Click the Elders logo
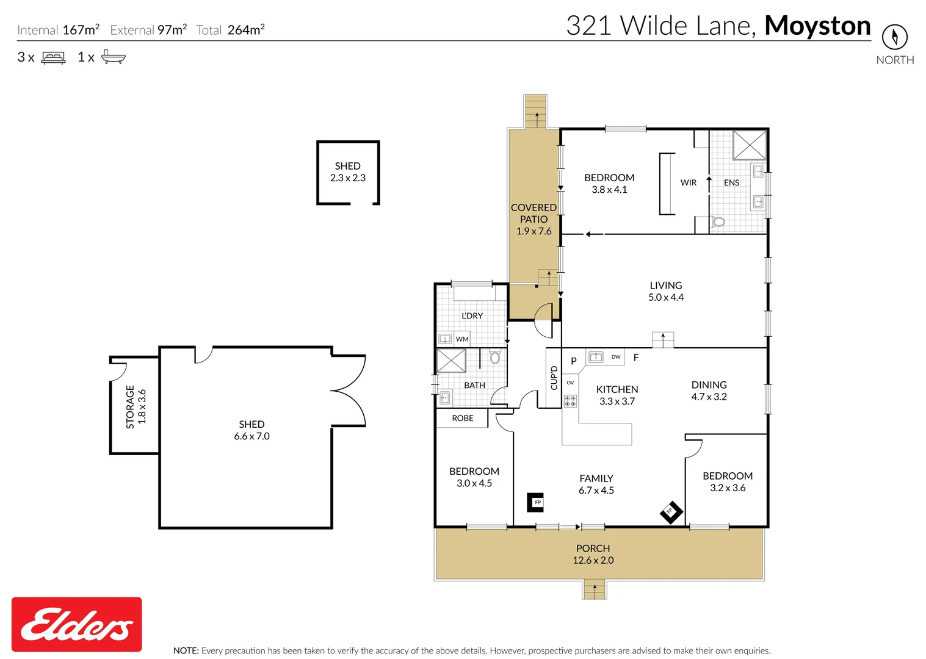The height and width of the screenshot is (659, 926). point(77,624)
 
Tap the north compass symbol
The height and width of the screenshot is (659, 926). point(894,37)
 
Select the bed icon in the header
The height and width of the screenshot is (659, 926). point(53,58)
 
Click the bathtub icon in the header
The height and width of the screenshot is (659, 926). point(114,57)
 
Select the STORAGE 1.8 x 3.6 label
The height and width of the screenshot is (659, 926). point(136,407)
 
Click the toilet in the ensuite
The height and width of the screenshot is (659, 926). point(718,221)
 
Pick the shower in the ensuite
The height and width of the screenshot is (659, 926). point(749,145)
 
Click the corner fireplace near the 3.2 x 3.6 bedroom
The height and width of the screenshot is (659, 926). point(670,511)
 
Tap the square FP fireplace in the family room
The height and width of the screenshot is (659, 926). point(536,502)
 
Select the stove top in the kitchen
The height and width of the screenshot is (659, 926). point(570,401)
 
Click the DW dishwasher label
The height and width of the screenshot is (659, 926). point(616,357)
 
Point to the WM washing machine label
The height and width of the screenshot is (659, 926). point(462,339)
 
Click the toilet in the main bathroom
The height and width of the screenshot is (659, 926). point(495,357)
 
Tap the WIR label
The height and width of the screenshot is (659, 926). point(688,182)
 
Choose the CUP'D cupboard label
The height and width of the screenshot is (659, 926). point(554,378)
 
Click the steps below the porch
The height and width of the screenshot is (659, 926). point(594,590)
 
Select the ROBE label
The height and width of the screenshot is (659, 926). point(463,418)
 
